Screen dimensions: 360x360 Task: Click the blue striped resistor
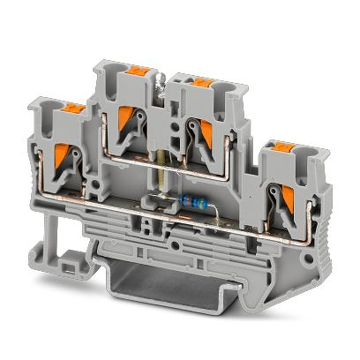coord(193,202)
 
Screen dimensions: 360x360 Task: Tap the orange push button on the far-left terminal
coord(74,107)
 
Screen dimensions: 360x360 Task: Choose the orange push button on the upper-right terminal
coord(201,82)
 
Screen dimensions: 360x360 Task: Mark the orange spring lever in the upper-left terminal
coord(125,117)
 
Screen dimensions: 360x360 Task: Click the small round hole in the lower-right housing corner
coord(309,258)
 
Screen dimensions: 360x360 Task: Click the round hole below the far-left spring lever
coord(95,185)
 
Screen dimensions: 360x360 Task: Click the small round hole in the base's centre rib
coord(175,246)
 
